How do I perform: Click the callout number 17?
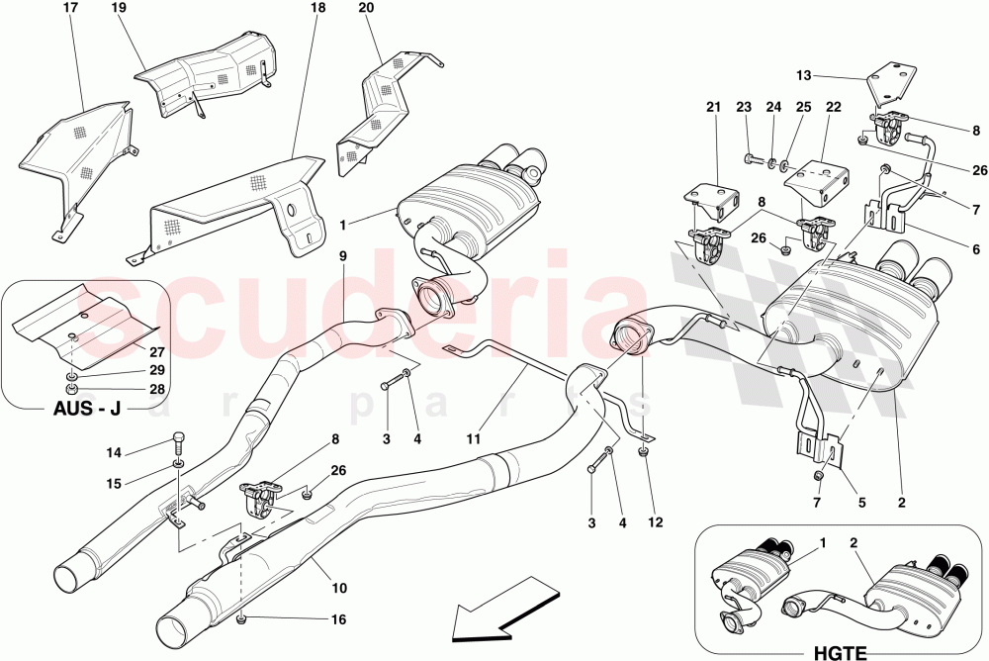coord(70,8)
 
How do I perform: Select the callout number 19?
coord(119,8)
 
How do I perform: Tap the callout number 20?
coord(366,8)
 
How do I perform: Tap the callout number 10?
coord(339,589)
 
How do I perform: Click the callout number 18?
coord(317,8)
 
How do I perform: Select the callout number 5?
coord(861,502)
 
